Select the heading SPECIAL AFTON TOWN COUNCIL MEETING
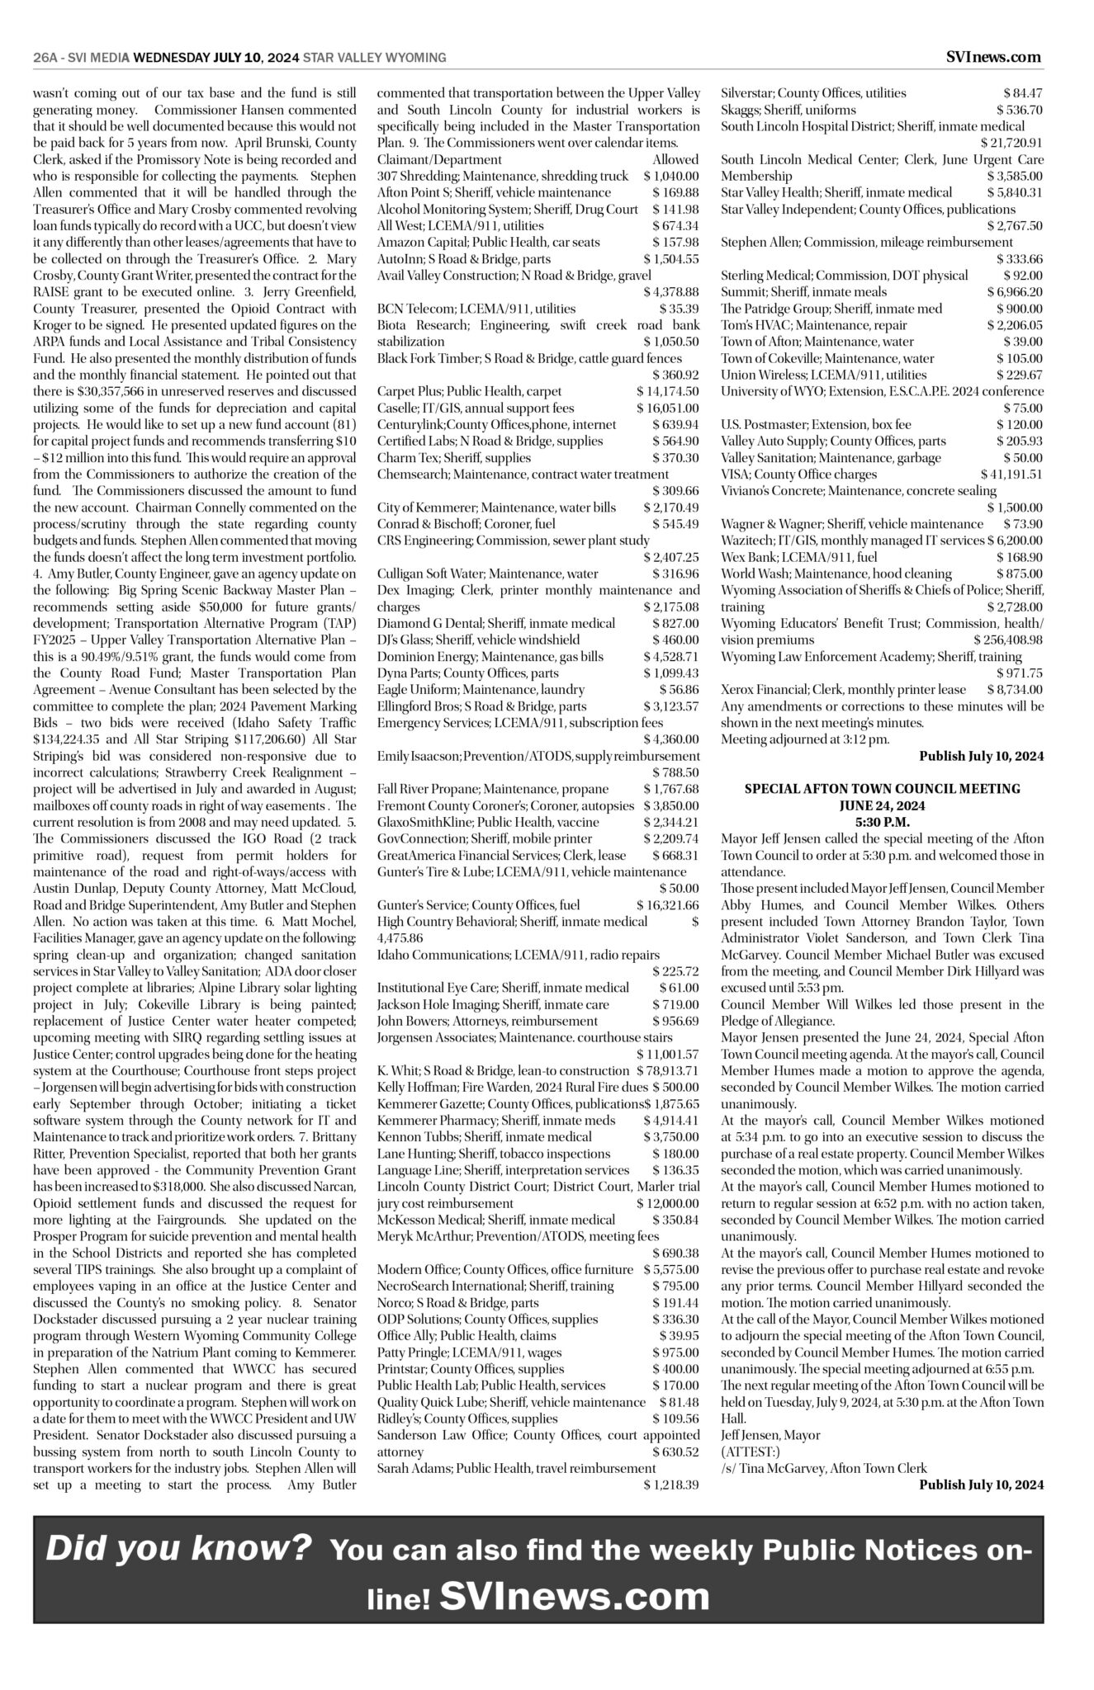click(882, 789)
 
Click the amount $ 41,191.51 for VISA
click(1011, 474)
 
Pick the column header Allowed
click(675, 159)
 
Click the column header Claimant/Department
click(439, 159)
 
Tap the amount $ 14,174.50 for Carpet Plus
click(667, 391)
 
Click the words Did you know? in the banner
click(179, 1548)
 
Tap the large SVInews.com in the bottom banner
click(575, 1596)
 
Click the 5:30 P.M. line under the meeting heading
click(882, 822)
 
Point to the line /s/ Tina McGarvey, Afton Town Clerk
click(823, 1468)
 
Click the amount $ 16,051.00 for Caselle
click(667, 408)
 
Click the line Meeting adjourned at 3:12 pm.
click(805, 739)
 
